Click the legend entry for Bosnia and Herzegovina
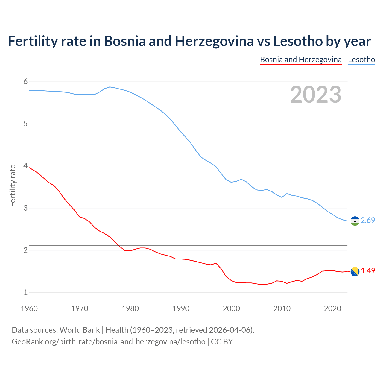(x=301, y=60)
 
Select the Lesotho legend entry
(x=361, y=60)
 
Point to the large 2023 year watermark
(x=316, y=95)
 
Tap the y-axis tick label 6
(x=25, y=82)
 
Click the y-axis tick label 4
(x=25, y=166)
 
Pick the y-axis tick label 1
(x=25, y=292)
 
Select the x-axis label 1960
(x=29, y=308)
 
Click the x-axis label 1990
(x=181, y=308)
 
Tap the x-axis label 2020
(x=332, y=308)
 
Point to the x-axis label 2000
(x=231, y=308)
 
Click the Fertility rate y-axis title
(x=13, y=186)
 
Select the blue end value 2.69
(x=368, y=221)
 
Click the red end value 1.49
(x=368, y=271)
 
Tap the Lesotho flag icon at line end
(x=355, y=221)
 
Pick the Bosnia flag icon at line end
(x=355, y=271)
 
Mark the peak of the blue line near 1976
(x=110, y=87)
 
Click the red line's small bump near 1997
(x=216, y=263)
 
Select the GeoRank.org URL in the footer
(x=109, y=342)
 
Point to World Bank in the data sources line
(x=80, y=330)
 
